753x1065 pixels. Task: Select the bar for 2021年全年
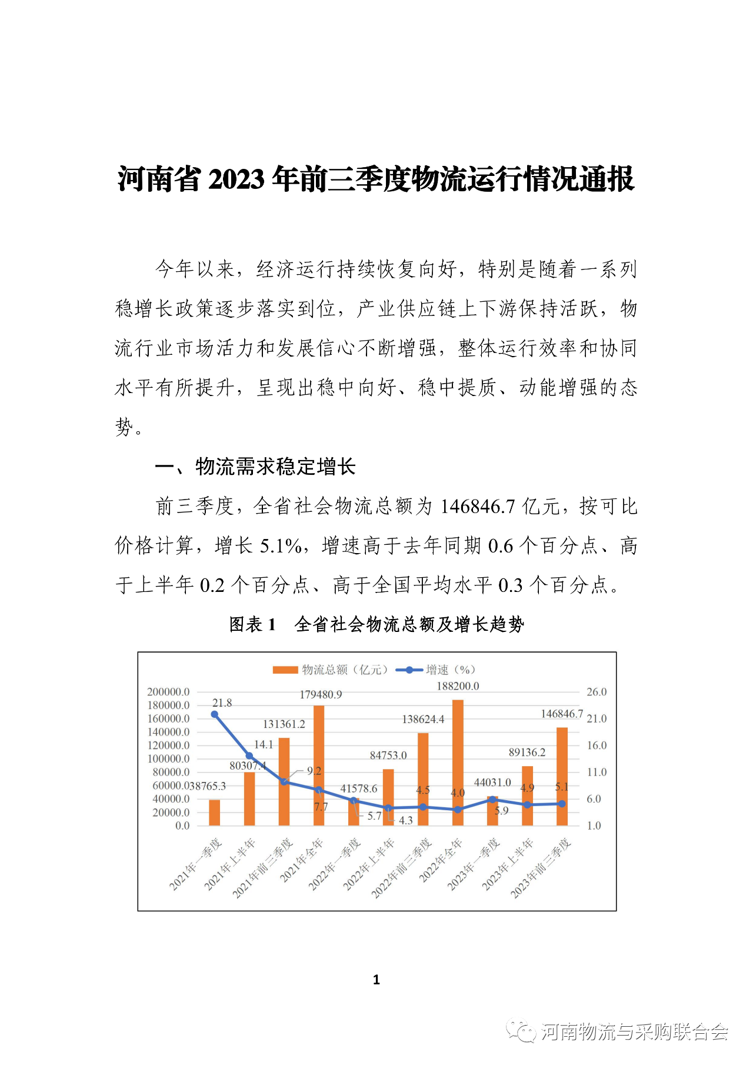[x=319, y=765]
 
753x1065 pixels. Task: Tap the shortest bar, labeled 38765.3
[x=215, y=813]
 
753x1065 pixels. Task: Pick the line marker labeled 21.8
[x=215, y=714]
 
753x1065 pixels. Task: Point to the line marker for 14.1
[x=249, y=756]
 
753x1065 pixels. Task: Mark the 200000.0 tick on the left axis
[x=168, y=692]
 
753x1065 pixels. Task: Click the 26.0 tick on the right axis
[x=597, y=692]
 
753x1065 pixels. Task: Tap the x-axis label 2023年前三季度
[x=541, y=868]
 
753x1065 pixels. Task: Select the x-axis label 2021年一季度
[x=196, y=864]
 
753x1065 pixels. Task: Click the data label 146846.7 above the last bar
[x=562, y=714]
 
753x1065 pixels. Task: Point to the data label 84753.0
[x=388, y=755]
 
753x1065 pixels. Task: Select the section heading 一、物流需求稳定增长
[x=255, y=467]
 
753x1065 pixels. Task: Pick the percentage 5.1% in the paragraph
[x=281, y=545]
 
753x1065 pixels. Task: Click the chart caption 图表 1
[x=252, y=624]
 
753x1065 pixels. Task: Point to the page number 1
[x=376, y=980]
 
